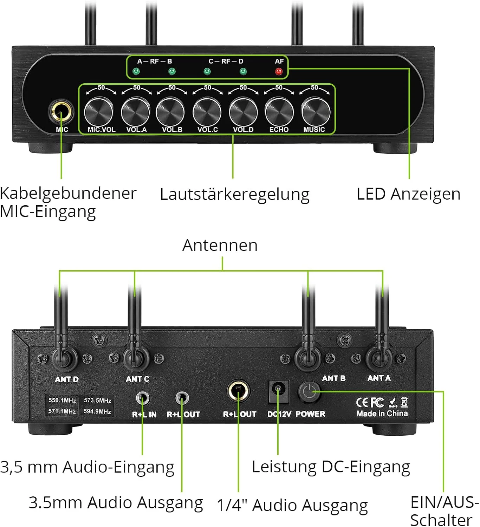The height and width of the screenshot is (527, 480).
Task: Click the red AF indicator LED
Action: click(x=279, y=71)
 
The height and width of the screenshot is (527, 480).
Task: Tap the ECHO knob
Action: click(x=279, y=112)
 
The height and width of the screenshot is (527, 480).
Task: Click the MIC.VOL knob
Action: click(x=99, y=112)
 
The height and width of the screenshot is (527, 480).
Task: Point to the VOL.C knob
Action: click(x=207, y=112)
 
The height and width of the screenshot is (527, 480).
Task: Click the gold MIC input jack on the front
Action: click(x=61, y=111)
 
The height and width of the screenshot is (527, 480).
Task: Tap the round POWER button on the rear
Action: click(x=309, y=392)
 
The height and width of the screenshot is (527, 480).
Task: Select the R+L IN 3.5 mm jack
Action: click(x=143, y=398)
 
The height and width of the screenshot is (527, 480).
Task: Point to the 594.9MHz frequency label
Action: click(x=97, y=411)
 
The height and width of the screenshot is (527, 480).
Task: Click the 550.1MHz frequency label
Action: click(x=62, y=400)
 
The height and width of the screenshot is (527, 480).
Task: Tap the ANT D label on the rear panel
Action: click(x=67, y=379)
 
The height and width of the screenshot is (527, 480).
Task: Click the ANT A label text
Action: click(x=379, y=378)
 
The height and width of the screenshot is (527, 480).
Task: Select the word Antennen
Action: click(x=220, y=245)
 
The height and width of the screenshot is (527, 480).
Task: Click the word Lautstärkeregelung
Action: click(x=235, y=195)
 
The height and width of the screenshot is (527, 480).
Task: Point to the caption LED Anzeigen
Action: click(x=409, y=194)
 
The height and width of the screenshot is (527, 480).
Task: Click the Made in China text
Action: click(x=382, y=414)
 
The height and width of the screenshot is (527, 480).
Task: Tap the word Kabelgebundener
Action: click(x=68, y=194)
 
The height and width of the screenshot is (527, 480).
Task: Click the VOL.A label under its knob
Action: click(x=136, y=130)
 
